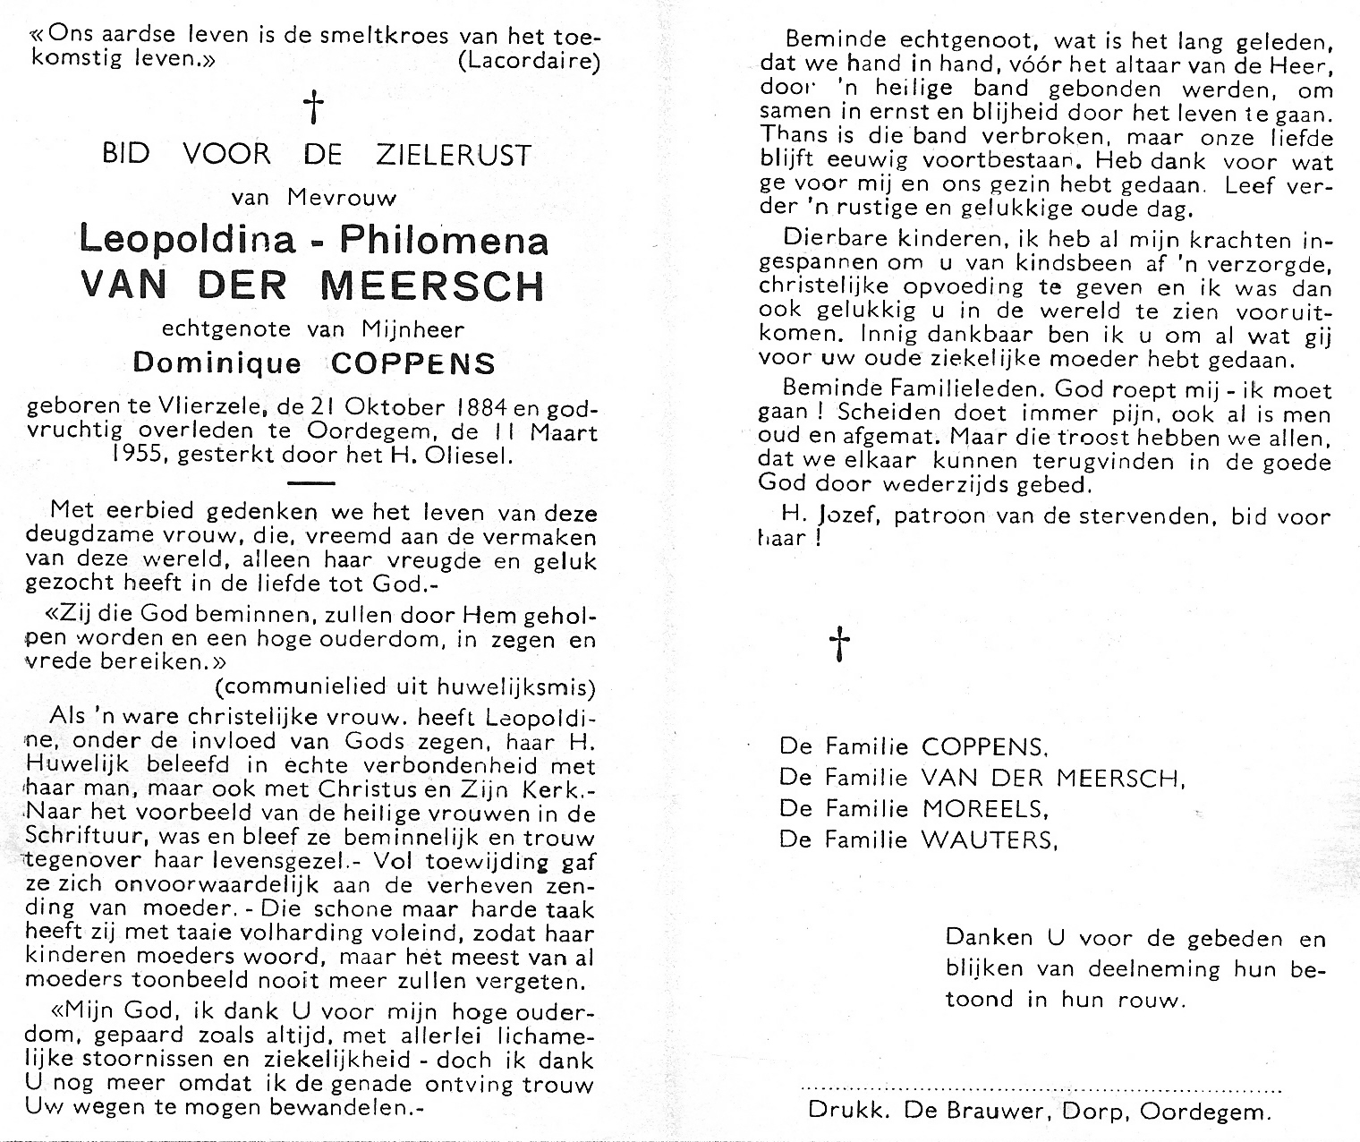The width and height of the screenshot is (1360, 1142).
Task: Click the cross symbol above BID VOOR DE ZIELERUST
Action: coord(312,108)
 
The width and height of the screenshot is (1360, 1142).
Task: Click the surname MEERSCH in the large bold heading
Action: coord(431,285)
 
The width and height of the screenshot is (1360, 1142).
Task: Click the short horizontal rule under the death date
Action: coord(312,482)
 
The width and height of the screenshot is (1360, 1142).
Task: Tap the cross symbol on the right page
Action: coord(839,643)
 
